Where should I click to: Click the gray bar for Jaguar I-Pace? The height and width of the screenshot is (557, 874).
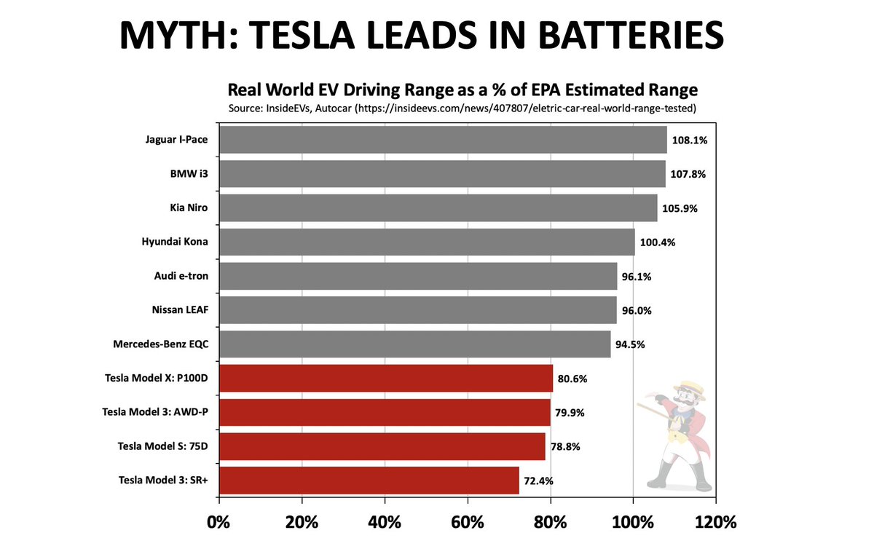tap(442, 140)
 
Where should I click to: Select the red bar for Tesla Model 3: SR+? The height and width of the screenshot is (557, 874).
tap(369, 481)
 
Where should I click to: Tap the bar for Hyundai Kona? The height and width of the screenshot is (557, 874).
tap(427, 242)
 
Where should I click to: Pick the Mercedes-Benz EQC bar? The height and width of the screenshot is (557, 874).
tap(414, 344)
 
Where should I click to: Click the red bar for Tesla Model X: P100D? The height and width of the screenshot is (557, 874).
tap(385, 379)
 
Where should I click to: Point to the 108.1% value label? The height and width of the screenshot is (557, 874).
tap(690, 141)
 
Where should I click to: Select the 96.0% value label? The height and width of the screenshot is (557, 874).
tap(637, 310)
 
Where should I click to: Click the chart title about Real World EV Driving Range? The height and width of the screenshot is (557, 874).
tap(462, 90)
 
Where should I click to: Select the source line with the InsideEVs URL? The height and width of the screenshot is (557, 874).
tap(462, 108)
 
